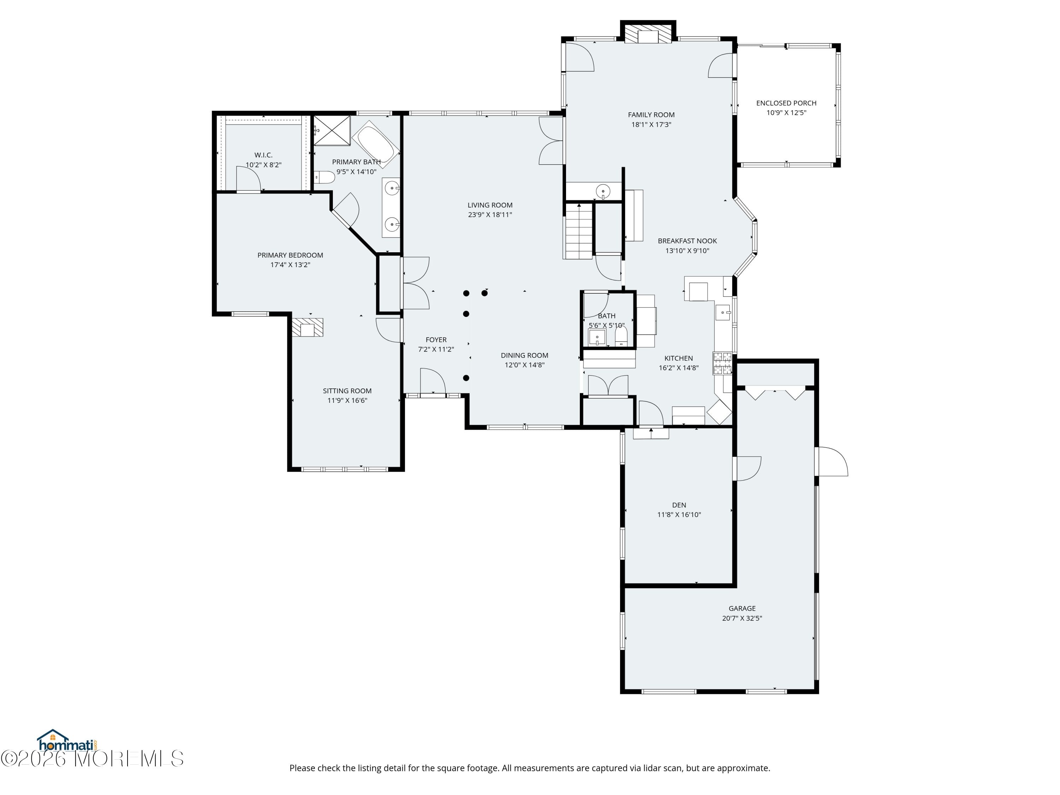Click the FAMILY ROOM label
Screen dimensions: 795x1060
click(651, 114)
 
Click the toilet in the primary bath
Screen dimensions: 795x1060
click(325, 177)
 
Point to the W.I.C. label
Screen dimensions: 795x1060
click(263, 155)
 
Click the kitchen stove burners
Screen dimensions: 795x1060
click(722, 363)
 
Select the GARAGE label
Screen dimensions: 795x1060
click(742, 608)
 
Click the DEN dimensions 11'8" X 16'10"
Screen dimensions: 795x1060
click(678, 515)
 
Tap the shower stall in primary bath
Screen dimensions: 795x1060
click(332, 130)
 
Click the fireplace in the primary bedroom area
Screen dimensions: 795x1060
click(307, 328)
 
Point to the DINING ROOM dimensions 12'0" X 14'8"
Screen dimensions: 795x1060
click(524, 365)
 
